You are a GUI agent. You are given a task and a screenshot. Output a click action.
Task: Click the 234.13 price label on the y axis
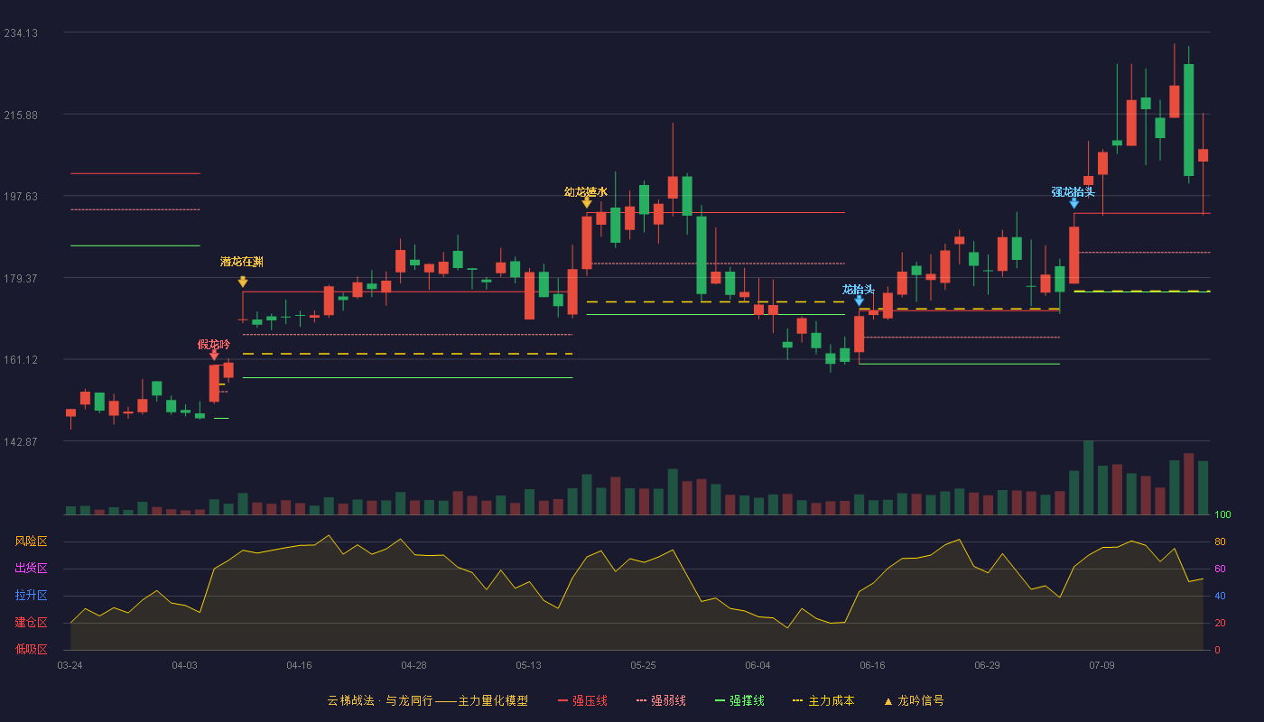[x=21, y=33]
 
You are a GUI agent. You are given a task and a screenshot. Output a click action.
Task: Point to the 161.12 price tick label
[x=21, y=360]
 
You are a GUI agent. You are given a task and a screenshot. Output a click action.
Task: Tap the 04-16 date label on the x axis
[x=299, y=666]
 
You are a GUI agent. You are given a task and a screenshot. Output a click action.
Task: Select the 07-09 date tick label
[x=1101, y=666]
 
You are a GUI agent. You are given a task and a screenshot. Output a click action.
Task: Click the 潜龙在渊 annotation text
[x=242, y=262]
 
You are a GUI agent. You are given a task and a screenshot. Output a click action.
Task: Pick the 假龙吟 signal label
[x=214, y=344]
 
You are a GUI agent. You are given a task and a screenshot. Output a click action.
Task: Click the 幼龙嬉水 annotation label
[x=586, y=191]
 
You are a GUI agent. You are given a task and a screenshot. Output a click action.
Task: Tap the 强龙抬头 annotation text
[x=1073, y=191]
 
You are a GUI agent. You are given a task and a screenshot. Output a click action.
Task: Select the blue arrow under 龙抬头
[x=859, y=301]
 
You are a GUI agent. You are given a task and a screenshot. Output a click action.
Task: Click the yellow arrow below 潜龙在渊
[x=243, y=282]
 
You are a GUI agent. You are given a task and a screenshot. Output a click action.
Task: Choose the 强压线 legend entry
[x=582, y=700]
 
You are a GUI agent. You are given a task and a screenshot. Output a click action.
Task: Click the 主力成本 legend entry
[x=823, y=700]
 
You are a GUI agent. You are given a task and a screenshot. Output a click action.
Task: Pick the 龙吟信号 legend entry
[x=914, y=700]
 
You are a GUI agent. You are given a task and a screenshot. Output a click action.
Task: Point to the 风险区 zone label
[x=31, y=541]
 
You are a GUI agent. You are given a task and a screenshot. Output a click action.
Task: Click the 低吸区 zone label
[x=31, y=649]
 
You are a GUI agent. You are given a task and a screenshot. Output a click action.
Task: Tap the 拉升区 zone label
[x=31, y=595]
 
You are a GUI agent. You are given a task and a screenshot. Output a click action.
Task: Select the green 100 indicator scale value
[x=1222, y=514]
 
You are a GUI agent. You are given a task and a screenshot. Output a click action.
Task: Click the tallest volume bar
[x=1089, y=477]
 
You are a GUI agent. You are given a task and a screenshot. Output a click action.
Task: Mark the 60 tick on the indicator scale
[x=1220, y=569]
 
